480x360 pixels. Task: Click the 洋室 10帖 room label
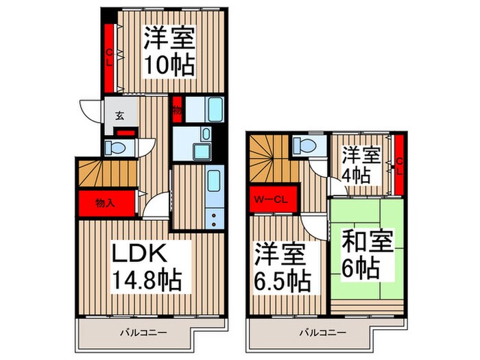(169, 51)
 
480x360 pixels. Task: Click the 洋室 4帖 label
(357, 163)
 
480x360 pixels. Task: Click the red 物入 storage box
(105, 203)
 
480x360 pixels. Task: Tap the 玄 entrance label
(119, 115)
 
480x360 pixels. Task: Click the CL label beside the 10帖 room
(108, 58)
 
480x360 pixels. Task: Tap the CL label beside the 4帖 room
(399, 167)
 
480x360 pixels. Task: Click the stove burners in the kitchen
(214, 219)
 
